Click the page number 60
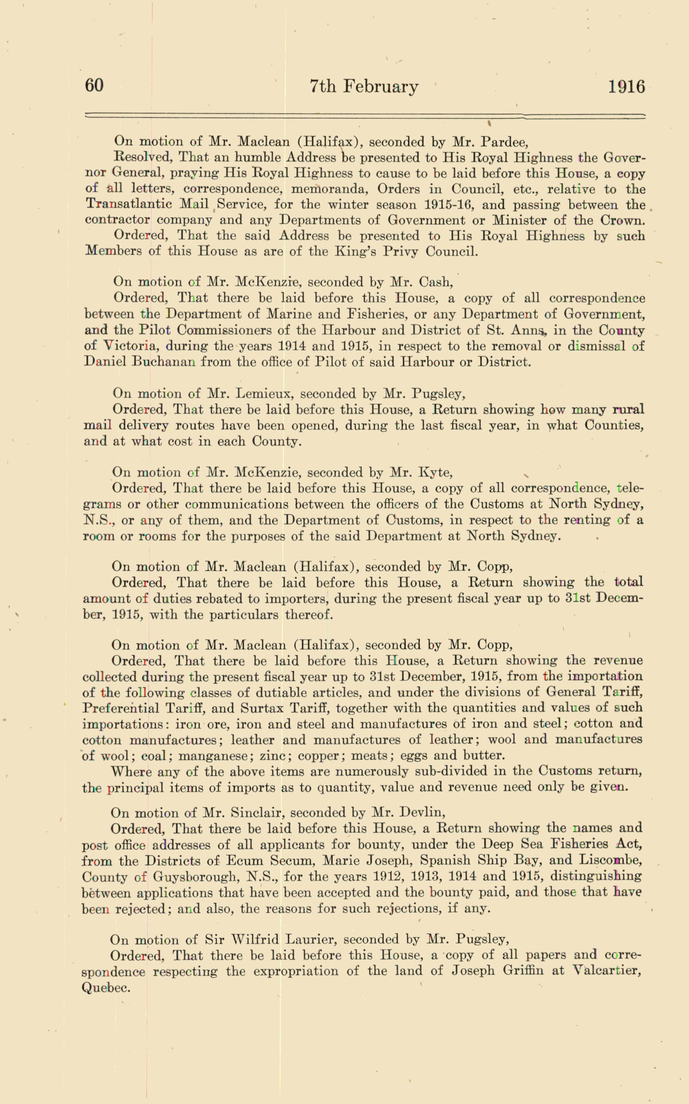94,85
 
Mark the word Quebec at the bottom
106,987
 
